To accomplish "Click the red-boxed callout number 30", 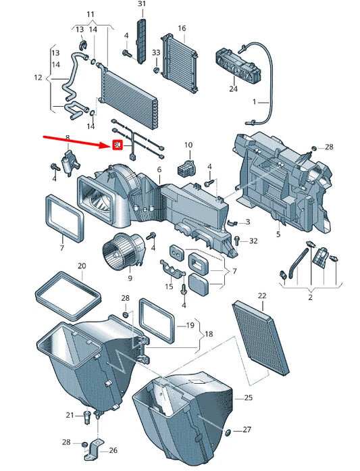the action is pyautogui.click(x=117, y=145).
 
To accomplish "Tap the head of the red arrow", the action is pyautogui.click(x=111, y=146).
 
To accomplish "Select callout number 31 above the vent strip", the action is pyautogui.click(x=142, y=4).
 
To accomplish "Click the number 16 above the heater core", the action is pyautogui.click(x=182, y=28).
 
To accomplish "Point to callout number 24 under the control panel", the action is pyautogui.click(x=233, y=89).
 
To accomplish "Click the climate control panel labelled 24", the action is pyautogui.click(x=238, y=64).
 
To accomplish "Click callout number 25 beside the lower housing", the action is pyautogui.click(x=249, y=398).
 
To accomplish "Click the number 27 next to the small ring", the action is pyautogui.click(x=247, y=430).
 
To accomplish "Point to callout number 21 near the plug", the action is pyautogui.click(x=70, y=415).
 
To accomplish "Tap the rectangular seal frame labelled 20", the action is pyautogui.click(x=68, y=295).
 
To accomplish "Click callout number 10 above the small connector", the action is pyautogui.click(x=188, y=145).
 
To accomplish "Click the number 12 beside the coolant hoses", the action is pyautogui.click(x=38, y=78).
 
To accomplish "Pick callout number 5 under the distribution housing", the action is pyautogui.click(x=278, y=234).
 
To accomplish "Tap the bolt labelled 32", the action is pyautogui.click(x=237, y=240).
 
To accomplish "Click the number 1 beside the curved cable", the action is pyautogui.click(x=255, y=102).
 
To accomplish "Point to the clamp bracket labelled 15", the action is pyautogui.click(x=172, y=268).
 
